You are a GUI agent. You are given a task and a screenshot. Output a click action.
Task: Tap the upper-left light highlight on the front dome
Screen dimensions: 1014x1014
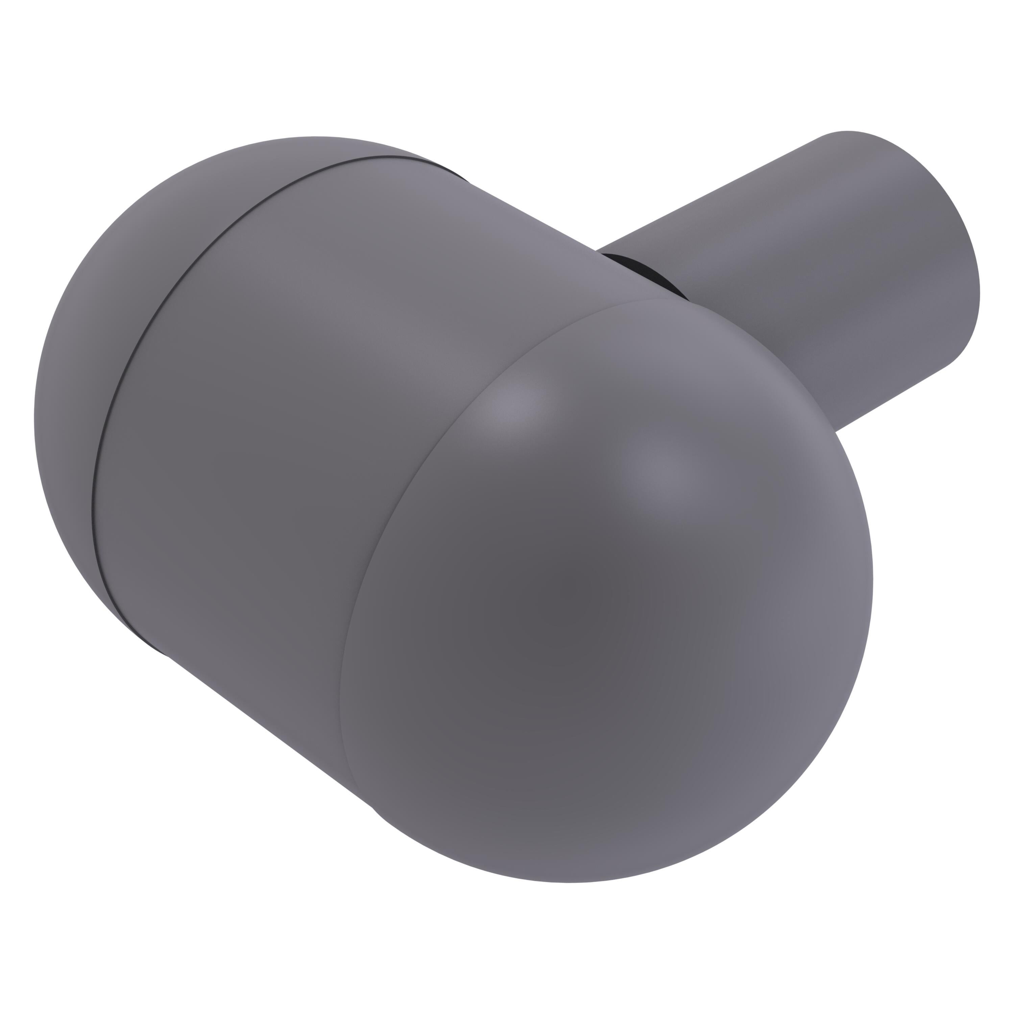512,404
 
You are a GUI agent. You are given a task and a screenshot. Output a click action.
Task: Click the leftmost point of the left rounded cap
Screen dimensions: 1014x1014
34,420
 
